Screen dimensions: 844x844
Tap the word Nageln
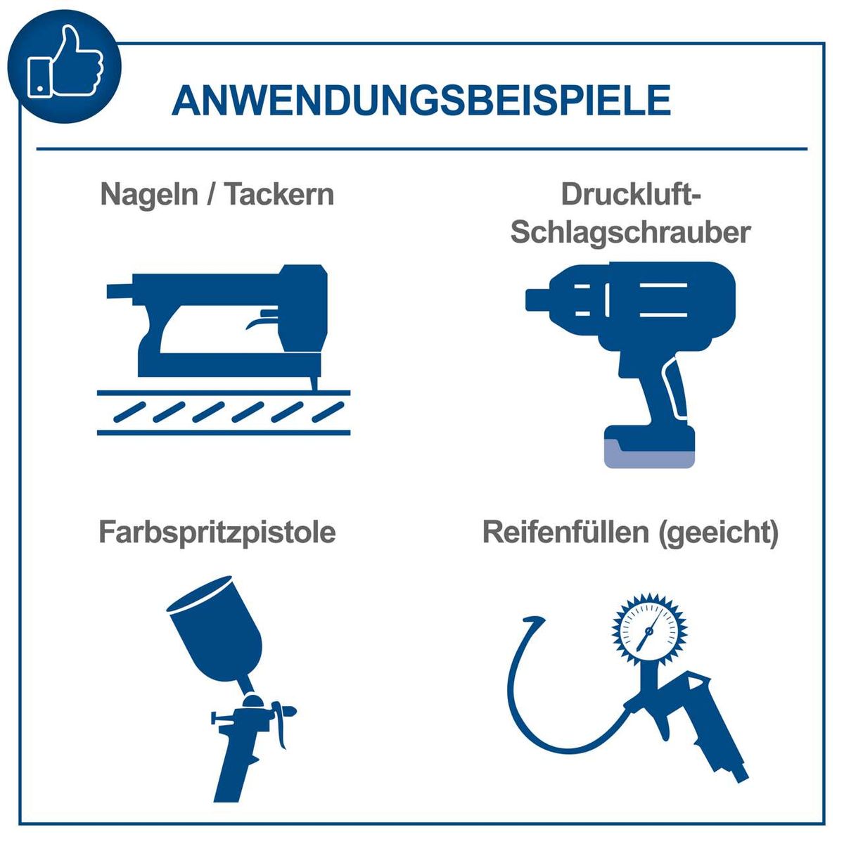click(148, 194)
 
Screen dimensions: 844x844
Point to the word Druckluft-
click(631, 194)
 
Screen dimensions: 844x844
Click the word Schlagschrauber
click(631, 231)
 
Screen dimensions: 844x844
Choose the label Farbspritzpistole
click(217, 532)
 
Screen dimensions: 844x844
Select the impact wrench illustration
click(633, 338)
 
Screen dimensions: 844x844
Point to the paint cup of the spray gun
click(215, 626)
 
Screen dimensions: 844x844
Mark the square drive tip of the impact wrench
click(535, 300)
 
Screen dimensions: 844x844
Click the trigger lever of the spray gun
click(282, 724)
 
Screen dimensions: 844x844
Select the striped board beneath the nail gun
click(223, 411)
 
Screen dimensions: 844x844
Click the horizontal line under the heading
click(422, 149)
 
